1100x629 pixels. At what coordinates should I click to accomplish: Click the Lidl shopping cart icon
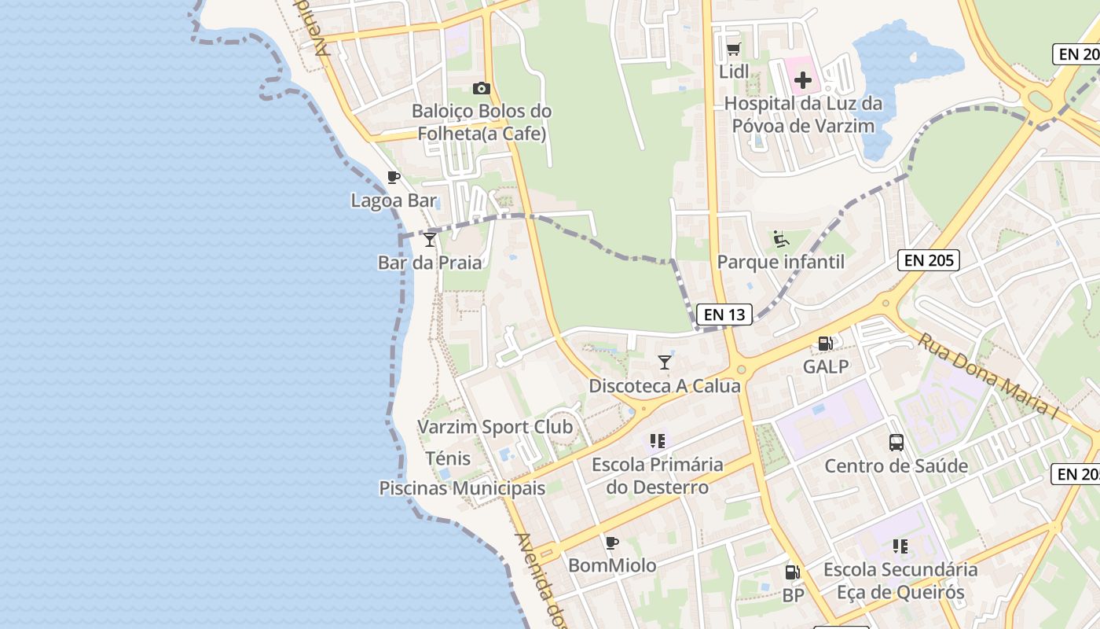tap(733, 50)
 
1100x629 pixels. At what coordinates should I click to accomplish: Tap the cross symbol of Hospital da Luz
tap(802, 79)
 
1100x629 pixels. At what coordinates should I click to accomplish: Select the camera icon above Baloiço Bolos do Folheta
tap(482, 88)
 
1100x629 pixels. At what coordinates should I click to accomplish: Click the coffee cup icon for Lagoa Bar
tap(394, 178)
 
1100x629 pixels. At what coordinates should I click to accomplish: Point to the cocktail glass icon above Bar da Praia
tap(429, 239)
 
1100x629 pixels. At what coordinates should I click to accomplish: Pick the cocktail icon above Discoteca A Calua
tap(665, 362)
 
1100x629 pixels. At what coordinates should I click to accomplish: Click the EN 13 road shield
tap(724, 314)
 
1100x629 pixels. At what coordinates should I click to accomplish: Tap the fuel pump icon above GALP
tap(826, 344)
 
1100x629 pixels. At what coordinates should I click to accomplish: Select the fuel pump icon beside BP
tap(793, 572)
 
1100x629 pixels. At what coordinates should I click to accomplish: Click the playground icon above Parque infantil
tap(780, 239)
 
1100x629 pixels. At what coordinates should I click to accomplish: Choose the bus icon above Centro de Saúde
tap(896, 443)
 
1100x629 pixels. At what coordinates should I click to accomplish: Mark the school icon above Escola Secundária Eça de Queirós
tap(900, 546)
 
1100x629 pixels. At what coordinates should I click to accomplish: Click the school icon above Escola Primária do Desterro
tap(658, 441)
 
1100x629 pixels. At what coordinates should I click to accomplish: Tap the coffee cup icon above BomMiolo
tap(612, 543)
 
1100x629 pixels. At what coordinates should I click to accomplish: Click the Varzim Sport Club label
tap(495, 427)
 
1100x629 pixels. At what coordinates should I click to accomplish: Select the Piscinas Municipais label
tap(462, 488)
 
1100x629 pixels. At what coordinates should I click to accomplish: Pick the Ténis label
tap(448, 458)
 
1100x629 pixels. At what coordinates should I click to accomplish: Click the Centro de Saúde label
tap(896, 465)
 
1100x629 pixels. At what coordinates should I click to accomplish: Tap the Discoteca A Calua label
tap(665, 386)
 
